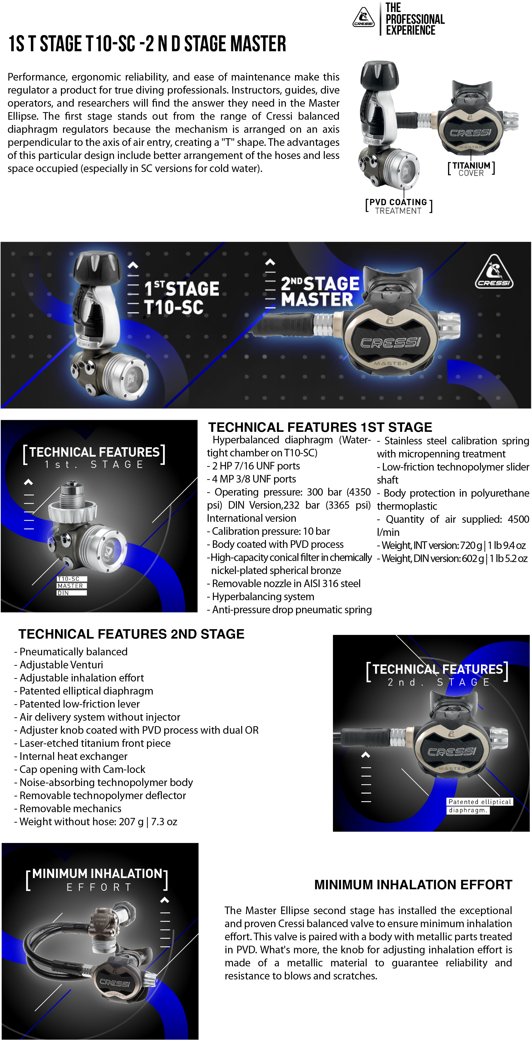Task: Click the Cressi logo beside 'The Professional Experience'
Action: pos(363,18)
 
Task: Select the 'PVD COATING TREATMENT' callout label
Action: pos(399,206)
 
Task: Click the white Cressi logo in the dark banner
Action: pos(494,272)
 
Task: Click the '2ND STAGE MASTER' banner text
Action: pos(320,291)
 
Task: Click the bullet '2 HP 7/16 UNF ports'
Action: pos(253,466)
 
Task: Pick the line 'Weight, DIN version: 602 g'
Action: pos(452,559)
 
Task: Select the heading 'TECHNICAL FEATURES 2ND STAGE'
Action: pos(131,634)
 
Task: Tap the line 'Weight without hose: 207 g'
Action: pos(96,822)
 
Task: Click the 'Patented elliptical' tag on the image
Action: pos(480,802)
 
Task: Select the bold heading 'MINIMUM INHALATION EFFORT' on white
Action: pos(413,885)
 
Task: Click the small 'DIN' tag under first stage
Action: pos(63,593)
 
